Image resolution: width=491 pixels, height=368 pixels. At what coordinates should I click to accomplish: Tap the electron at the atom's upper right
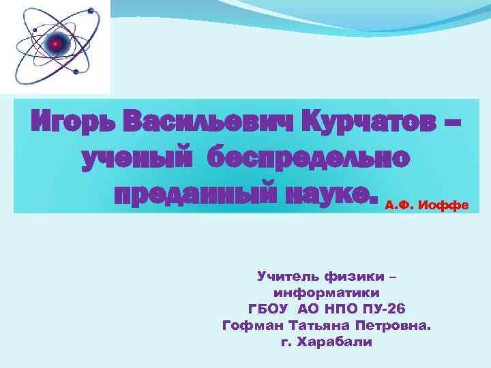coord(91,11)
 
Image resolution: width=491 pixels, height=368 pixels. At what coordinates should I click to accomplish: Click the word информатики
coord(327,292)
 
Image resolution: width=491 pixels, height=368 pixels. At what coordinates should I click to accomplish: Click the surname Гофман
coord(252,325)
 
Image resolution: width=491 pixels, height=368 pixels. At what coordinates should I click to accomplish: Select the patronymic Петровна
coord(396,325)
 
